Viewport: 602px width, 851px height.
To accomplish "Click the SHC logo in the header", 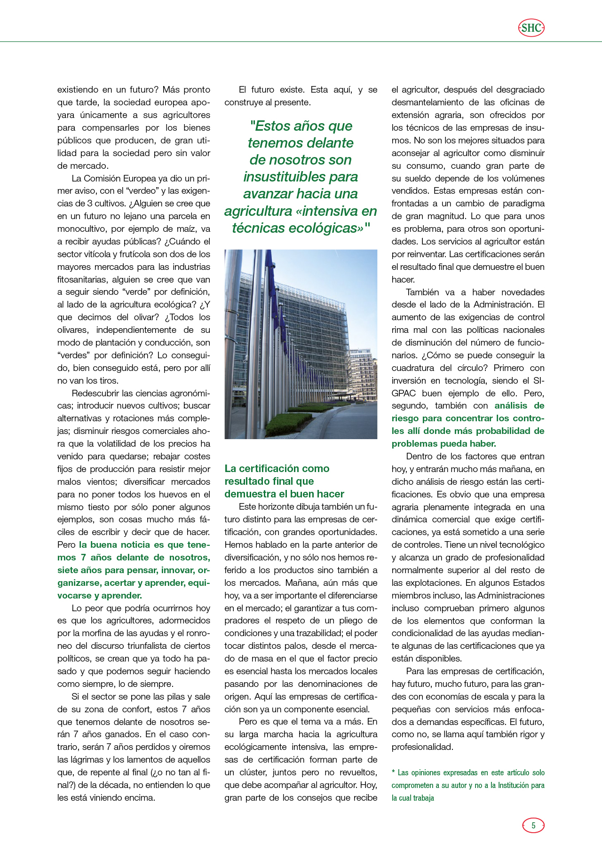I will click(531, 28).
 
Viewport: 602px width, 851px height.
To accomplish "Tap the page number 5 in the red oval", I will click(533, 825).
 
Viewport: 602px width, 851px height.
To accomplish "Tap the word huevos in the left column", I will click(174, 494).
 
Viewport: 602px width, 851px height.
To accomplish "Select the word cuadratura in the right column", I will click(413, 368).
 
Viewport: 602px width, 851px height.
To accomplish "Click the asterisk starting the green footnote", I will click(394, 772).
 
